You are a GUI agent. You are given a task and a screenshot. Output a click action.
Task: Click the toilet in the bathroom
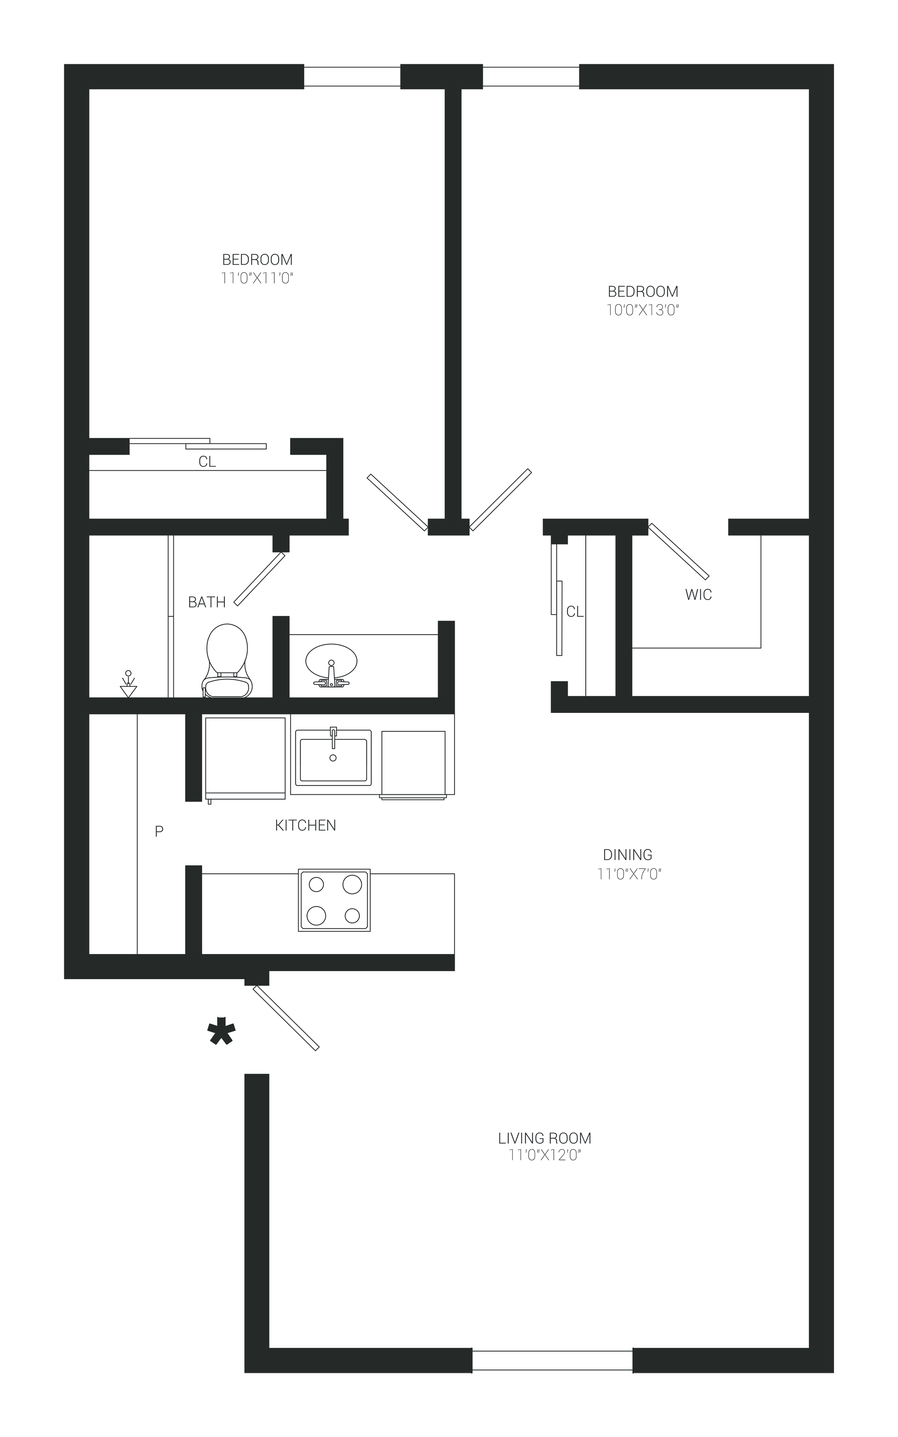(x=227, y=660)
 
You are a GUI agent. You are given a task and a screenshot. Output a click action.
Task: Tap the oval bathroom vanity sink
(x=331, y=660)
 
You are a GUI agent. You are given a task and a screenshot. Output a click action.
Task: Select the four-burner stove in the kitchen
(x=334, y=900)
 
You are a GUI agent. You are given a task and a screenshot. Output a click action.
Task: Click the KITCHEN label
(x=305, y=825)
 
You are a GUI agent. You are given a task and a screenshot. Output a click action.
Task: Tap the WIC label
(x=698, y=595)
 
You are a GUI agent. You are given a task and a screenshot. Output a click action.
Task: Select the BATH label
(x=207, y=602)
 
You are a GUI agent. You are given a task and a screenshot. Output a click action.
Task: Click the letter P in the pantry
(x=159, y=831)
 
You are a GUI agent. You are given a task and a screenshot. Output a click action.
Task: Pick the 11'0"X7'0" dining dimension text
(x=630, y=874)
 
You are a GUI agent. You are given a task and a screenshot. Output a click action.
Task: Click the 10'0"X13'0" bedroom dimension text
(x=642, y=310)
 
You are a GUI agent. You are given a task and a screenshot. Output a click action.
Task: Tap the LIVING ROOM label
(x=545, y=1138)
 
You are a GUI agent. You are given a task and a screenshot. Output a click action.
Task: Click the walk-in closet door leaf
(x=679, y=551)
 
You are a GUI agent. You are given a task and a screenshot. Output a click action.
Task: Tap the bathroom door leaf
(x=260, y=579)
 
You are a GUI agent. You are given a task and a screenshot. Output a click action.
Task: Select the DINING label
(x=628, y=855)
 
